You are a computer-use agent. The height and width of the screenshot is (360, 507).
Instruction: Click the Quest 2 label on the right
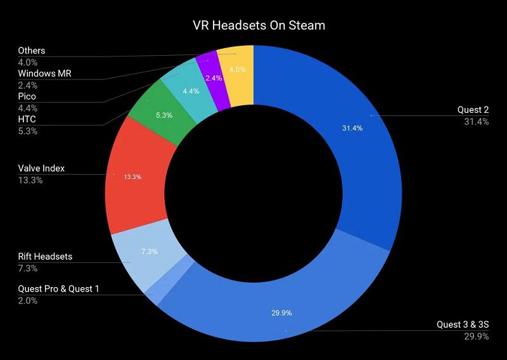[473, 110]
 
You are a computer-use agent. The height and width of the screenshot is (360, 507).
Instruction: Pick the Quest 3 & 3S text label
[463, 325]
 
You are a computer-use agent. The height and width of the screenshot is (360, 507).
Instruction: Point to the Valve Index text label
[41, 169]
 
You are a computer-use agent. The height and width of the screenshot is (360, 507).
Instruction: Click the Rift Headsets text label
[45, 256]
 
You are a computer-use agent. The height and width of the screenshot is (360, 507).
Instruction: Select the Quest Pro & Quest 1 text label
[58, 289]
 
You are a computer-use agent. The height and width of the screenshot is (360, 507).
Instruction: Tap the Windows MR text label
[44, 74]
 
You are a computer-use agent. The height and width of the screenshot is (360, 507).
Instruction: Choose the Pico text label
[27, 96]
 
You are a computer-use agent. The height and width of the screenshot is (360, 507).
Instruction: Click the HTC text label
[27, 119]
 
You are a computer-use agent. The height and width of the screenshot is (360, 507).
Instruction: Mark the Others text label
[31, 51]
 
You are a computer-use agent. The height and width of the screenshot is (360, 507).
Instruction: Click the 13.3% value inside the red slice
[132, 177]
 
